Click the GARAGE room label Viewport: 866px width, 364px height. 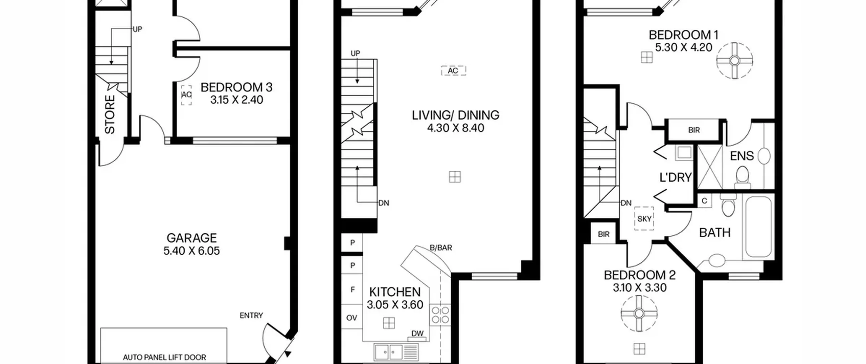(x=191, y=238)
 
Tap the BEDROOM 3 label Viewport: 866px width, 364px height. (x=236, y=87)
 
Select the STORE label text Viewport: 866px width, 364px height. (x=110, y=114)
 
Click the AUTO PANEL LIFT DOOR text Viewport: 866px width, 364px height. (x=164, y=357)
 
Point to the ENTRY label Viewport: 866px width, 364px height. (x=251, y=316)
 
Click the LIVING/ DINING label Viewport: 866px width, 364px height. (x=455, y=115)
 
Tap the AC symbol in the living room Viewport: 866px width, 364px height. (x=453, y=70)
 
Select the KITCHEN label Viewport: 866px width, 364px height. (x=395, y=292)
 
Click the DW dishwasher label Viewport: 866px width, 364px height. (x=417, y=334)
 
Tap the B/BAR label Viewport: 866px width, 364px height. (x=441, y=248)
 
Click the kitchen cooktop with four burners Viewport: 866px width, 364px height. (x=440, y=315)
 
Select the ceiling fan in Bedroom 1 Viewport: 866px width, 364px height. (x=734, y=61)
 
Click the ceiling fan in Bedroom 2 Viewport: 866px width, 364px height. (x=639, y=314)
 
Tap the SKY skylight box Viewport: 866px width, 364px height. (x=644, y=219)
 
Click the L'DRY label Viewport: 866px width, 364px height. (x=676, y=177)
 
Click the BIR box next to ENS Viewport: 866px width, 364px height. (x=694, y=130)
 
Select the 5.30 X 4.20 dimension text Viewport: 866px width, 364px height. (x=684, y=48)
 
